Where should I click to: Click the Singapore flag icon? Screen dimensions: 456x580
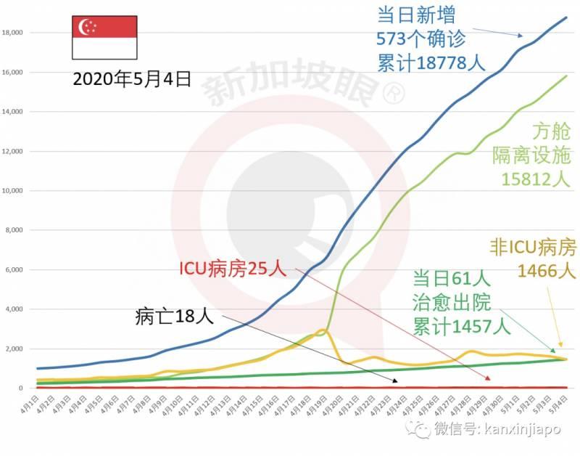click(104, 38)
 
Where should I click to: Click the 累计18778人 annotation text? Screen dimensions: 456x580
click(431, 62)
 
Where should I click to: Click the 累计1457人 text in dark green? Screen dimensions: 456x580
click(468, 324)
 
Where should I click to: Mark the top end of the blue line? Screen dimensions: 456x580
click(566, 17)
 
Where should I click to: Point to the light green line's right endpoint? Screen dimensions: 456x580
click(566, 76)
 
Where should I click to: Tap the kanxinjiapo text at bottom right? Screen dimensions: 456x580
click(523, 431)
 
